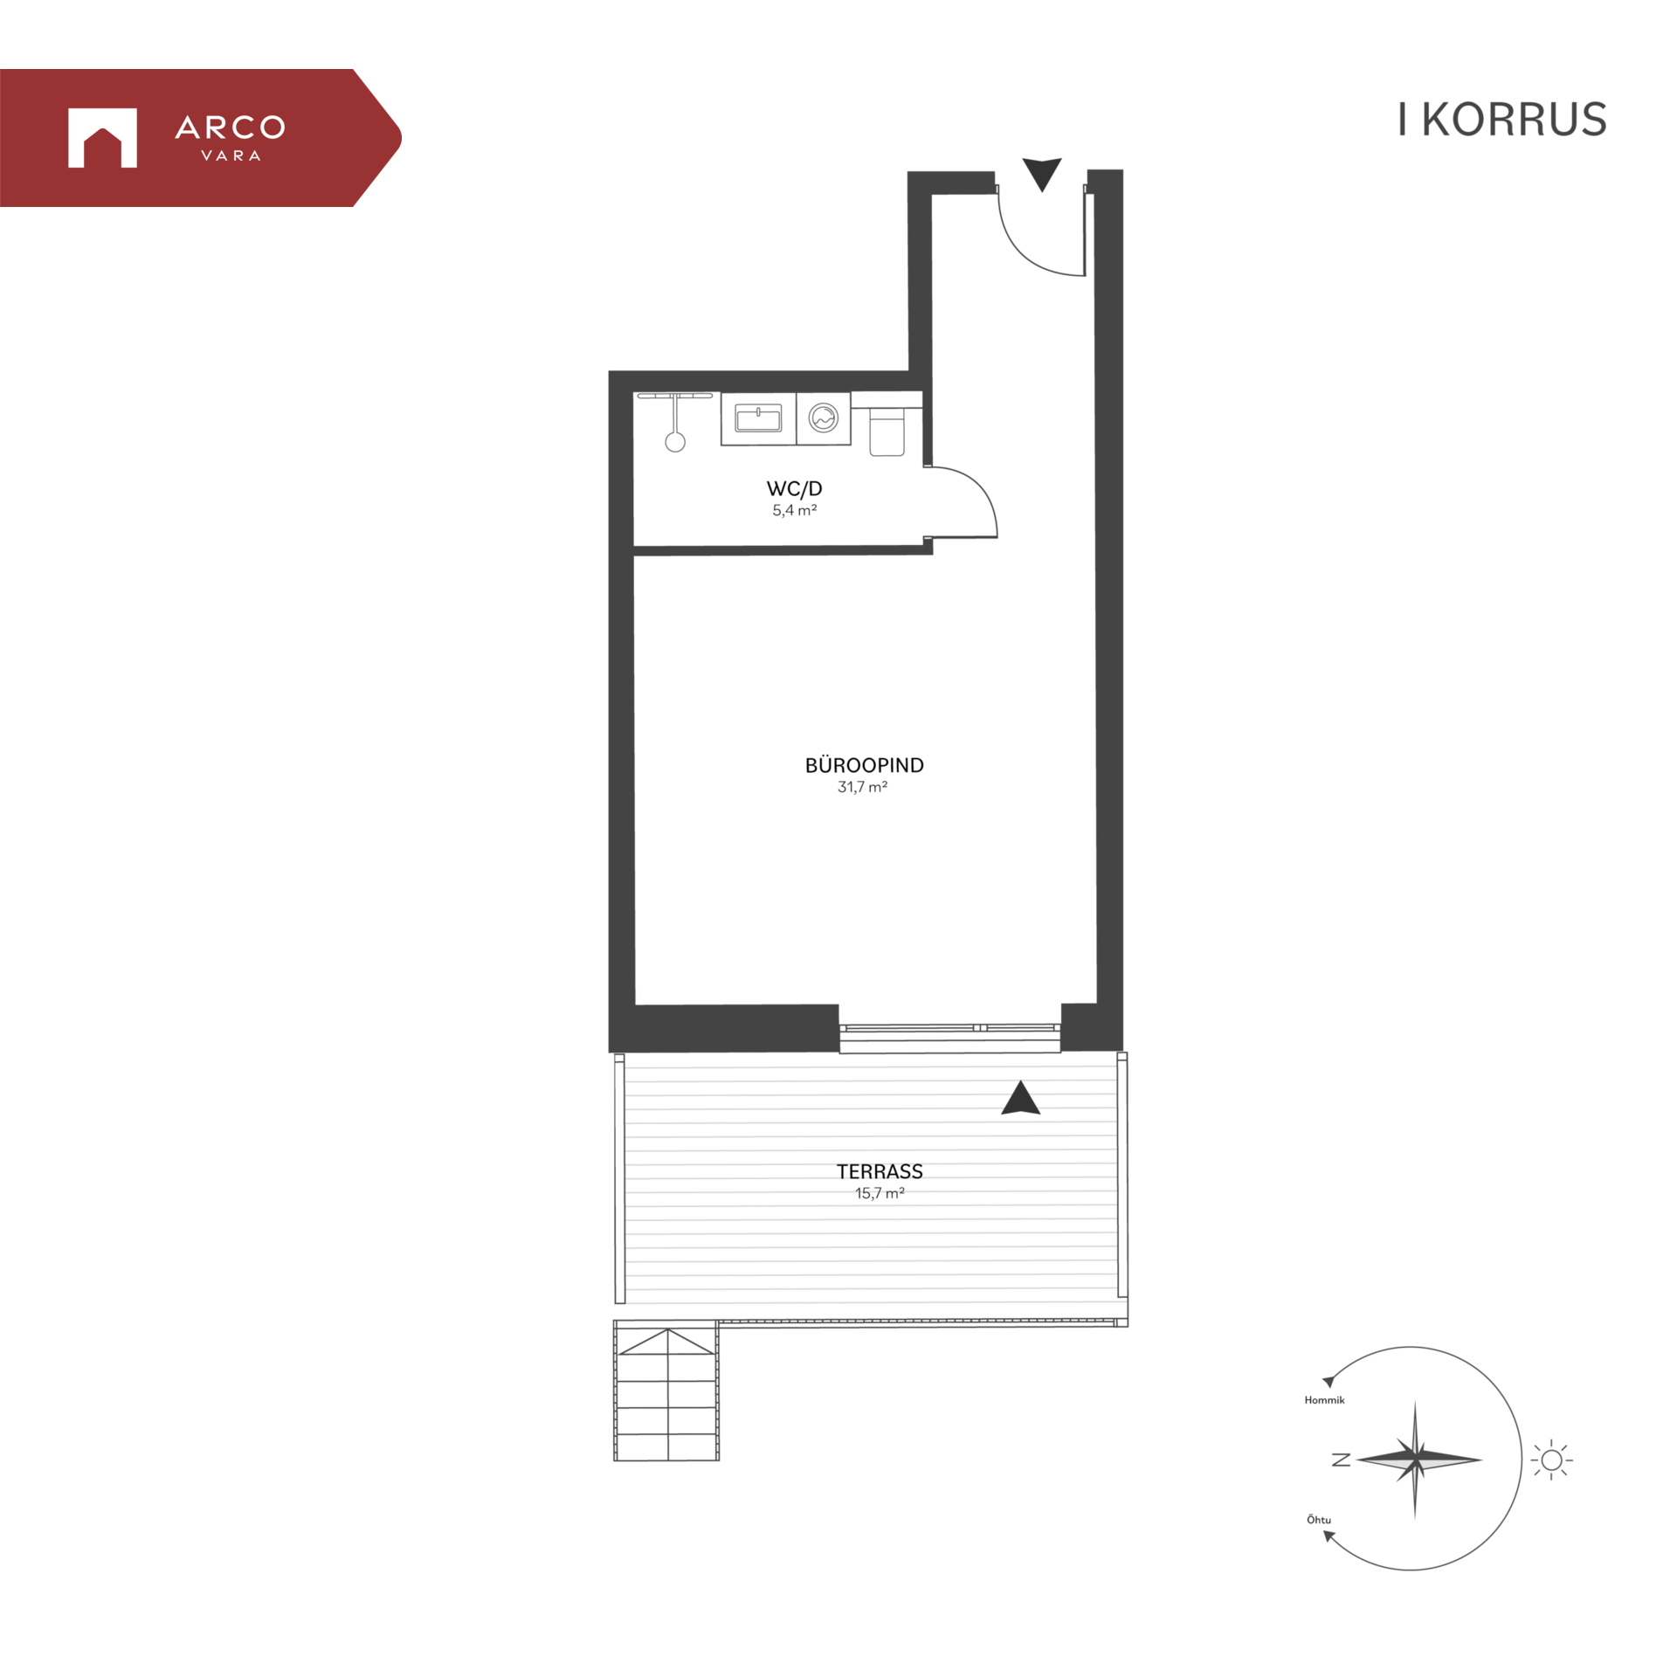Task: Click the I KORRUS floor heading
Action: click(x=1501, y=120)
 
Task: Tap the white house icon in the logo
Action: click(x=102, y=137)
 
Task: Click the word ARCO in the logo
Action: click(x=230, y=128)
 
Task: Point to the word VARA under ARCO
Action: click(x=231, y=155)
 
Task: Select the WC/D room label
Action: click(x=794, y=489)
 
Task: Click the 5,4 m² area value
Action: click(x=794, y=510)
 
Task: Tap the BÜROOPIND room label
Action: click(x=864, y=765)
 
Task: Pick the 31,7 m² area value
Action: click(x=862, y=787)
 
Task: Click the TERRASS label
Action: click(x=880, y=1171)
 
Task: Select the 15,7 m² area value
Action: click(x=880, y=1193)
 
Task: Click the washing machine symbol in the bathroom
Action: click(x=823, y=418)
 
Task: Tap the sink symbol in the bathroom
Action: click(x=758, y=418)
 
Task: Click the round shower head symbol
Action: click(x=675, y=443)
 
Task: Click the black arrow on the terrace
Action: click(x=1020, y=1098)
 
